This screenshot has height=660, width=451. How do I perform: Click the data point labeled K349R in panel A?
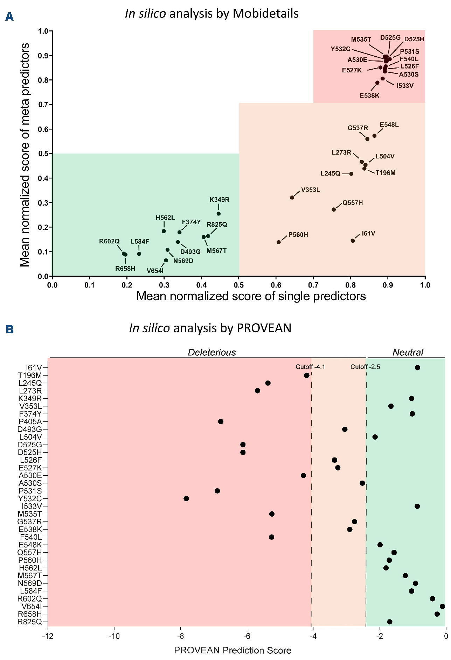[x=218, y=214]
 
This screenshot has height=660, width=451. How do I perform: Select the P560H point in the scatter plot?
[x=279, y=242]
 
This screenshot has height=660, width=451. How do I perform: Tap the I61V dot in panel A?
[x=353, y=241]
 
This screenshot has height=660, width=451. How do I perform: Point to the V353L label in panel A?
[x=311, y=190]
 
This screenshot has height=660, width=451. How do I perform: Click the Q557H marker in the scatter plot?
[x=334, y=210]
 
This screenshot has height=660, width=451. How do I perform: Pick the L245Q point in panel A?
[x=351, y=174]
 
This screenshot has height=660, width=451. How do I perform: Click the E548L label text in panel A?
[x=389, y=125]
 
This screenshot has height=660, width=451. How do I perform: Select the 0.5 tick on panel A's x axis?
[x=239, y=285]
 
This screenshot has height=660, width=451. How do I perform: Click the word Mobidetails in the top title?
[x=265, y=14]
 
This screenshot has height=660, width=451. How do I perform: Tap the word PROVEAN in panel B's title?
[x=264, y=328]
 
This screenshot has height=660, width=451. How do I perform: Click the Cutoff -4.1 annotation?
[x=310, y=367]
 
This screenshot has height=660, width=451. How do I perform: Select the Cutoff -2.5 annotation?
[x=365, y=367]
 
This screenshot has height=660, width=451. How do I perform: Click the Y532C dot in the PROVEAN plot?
[x=186, y=498]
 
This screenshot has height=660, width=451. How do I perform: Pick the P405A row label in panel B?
[x=30, y=421]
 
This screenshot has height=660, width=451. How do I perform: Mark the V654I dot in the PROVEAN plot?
[x=442, y=606]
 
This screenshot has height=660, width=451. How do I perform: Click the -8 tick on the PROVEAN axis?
[x=180, y=636]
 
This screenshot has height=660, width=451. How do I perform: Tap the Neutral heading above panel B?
[x=408, y=352]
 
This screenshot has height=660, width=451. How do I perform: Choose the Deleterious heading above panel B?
[x=212, y=352]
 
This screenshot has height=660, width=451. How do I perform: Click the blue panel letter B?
[x=9, y=329]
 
